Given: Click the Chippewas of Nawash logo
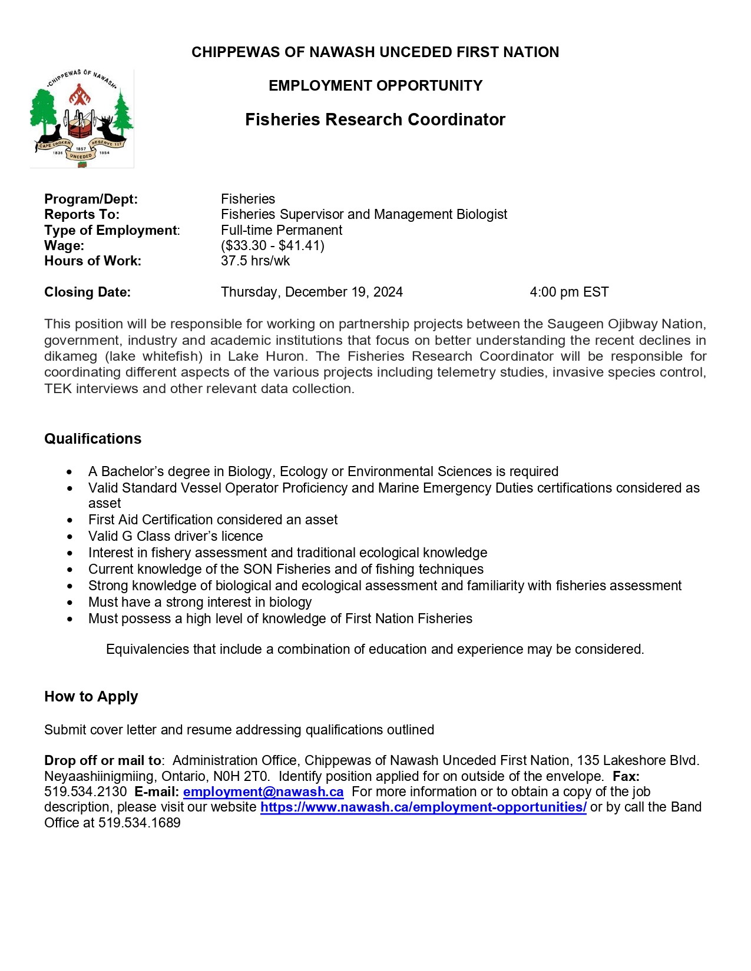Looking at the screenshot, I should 82,118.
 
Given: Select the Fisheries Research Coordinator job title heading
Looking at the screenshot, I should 375,119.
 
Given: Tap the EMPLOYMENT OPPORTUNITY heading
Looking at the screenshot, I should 375,86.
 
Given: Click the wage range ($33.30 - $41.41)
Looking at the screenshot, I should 273,245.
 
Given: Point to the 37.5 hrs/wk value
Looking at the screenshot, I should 255,261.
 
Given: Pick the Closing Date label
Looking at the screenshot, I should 87,292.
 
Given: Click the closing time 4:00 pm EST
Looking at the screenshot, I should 569,292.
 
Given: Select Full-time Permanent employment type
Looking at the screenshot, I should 282,230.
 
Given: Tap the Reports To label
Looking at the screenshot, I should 82,214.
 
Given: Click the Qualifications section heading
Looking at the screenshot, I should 92,438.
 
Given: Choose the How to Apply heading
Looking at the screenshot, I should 91,696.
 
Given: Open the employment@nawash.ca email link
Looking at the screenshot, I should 263,792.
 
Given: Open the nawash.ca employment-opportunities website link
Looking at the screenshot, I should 423,807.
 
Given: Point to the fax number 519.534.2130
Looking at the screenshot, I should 85,792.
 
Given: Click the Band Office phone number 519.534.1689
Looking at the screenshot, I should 140,823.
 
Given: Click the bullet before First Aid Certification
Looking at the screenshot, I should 70,520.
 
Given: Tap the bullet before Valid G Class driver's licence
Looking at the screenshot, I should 70,537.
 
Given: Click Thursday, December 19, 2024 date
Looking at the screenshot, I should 312,292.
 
